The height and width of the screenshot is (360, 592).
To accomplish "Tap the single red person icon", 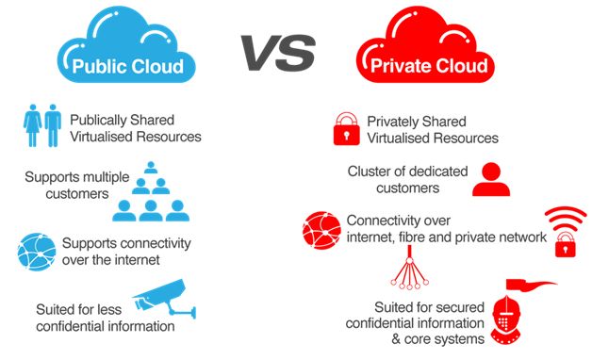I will pos(491,179).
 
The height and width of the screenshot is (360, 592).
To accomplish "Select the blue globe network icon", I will pos(37,251).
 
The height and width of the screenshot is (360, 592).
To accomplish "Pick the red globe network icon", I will pos(321,229).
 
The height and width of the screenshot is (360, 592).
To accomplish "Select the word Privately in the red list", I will pos(394,122).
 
